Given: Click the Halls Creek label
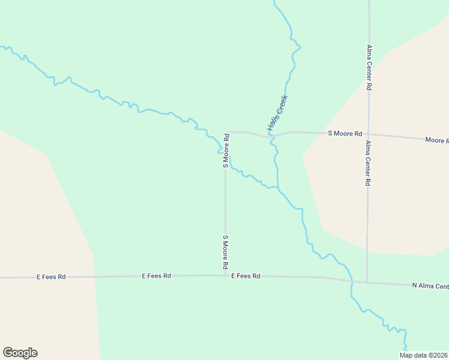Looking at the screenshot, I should [278, 113].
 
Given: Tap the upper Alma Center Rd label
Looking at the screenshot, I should [369, 67].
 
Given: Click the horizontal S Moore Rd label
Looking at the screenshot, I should [345, 133].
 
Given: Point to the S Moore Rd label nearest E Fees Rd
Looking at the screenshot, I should [226, 251].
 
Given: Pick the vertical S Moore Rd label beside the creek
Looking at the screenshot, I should [226, 151].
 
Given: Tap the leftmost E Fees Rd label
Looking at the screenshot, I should [51, 277].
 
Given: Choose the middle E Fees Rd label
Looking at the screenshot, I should [157, 275].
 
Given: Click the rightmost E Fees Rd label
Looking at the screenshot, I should [246, 276].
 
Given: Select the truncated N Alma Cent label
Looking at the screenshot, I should [430, 285].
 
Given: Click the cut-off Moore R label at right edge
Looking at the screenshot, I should [436, 140].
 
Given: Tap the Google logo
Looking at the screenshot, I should [20, 353].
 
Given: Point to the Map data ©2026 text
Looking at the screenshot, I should [423, 355].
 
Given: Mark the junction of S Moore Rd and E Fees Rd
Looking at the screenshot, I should [226, 276].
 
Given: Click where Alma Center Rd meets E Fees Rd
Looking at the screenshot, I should [367, 282].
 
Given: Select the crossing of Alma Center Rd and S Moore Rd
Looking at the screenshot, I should [369, 134].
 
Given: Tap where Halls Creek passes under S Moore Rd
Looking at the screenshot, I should [271, 137].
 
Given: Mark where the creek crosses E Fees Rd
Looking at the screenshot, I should [351, 280].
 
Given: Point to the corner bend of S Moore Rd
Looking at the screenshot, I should [226, 132].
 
